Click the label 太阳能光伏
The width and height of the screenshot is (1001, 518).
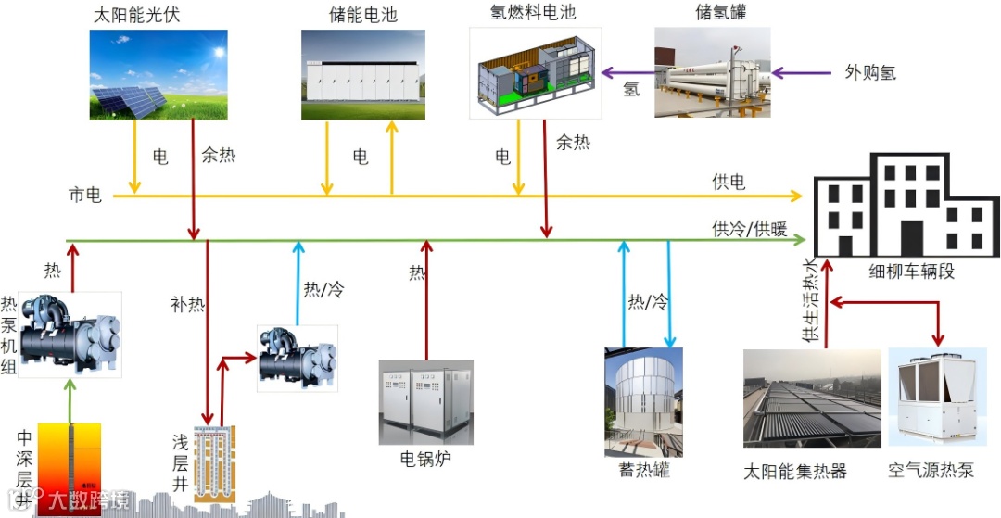(134, 15)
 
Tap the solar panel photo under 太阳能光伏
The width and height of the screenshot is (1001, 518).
(158, 75)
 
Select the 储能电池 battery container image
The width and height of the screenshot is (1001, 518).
(362, 75)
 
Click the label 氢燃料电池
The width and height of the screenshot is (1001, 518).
(520, 12)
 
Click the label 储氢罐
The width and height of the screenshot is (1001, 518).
(720, 13)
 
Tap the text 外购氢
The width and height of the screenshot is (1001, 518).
(870, 72)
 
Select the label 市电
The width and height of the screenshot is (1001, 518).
(85, 196)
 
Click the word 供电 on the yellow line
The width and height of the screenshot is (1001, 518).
(729, 183)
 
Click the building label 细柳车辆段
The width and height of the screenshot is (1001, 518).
(911, 272)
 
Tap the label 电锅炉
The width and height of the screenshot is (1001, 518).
(425, 459)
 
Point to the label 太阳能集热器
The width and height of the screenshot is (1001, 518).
(795, 471)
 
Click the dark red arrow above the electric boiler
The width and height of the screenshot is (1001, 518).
(426, 297)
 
